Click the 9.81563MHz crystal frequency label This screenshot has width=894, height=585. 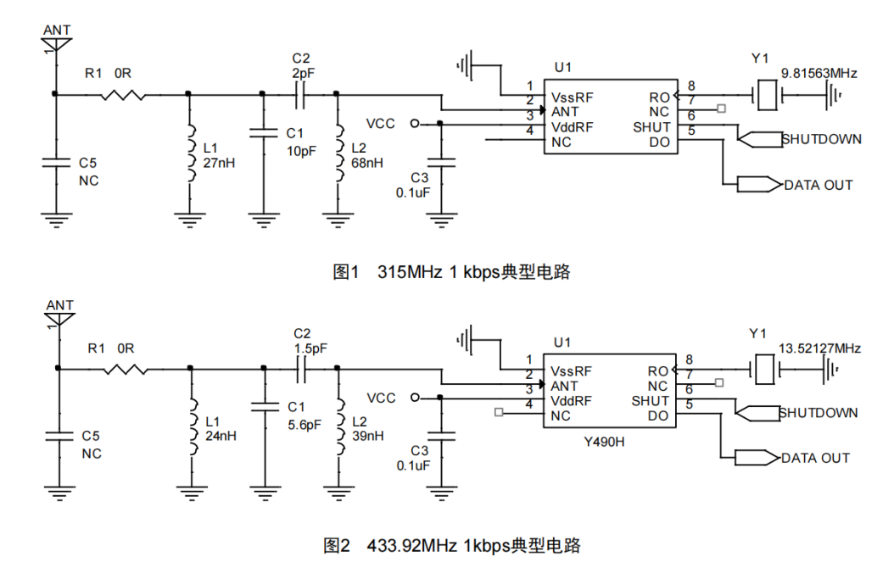tap(819, 74)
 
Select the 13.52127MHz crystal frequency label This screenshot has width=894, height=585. tap(819, 348)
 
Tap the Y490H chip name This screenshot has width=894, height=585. tap(606, 442)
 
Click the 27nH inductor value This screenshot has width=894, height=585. tap(217, 163)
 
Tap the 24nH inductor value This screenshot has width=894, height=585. tap(218, 436)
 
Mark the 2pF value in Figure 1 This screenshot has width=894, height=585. tap(303, 74)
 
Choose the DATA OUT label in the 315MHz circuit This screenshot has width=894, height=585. tap(818, 185)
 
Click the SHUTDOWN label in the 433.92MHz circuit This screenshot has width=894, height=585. tap(819, 413)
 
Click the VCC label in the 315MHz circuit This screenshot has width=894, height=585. tap(381, 124)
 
